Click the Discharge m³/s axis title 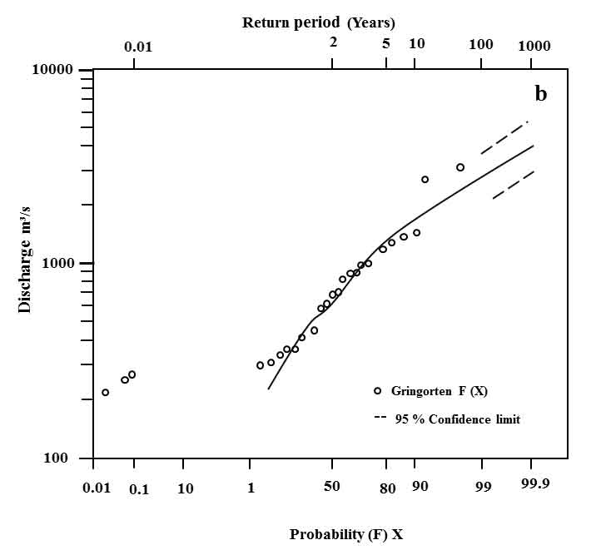tap(25, 264)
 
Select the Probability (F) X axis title tap(346, 534)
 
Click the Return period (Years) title tap(319, 22)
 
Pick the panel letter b tap(540, 95)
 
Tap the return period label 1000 tap(534, 45)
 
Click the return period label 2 tap(333, 42)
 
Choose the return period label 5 tap(386, 42)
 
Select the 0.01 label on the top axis tap(138, 46)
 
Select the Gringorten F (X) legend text tap(446, 391)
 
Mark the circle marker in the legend tap(377, 391)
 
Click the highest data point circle tap(460, 167)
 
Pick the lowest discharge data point tap(105, 392)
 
